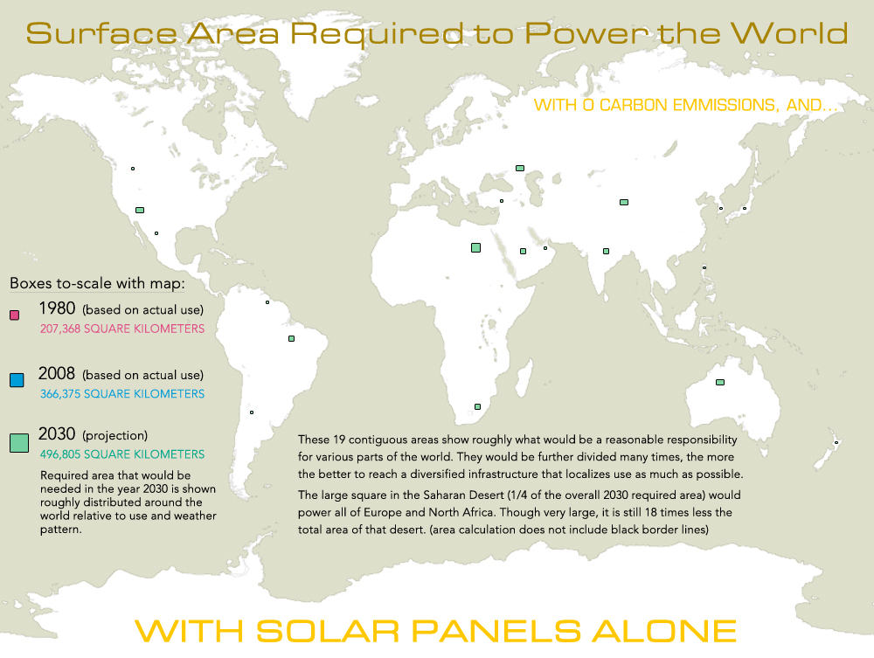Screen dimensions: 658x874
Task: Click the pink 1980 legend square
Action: (x=14, y=315)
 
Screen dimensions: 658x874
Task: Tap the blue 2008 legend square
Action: (x=16, y=380)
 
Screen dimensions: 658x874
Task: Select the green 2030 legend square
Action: (x=18, y=443)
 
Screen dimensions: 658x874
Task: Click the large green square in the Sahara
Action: (x=475, y=247)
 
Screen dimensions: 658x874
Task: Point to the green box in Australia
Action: (x=720, y=382)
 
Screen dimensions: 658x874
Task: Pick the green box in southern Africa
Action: (x=477, y=406)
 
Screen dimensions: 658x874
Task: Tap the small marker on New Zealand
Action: (x=836, y=443)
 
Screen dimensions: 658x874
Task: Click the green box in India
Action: (x=606, y=251)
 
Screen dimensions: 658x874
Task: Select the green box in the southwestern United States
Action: (x=139, y=210)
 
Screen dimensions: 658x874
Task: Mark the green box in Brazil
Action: (x=291, y=338)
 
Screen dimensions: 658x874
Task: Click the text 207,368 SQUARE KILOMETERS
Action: (x=122, y=329)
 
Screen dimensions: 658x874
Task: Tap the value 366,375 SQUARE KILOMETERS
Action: (x=122, y=394)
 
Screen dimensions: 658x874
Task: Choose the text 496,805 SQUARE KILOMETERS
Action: (x=122, y=454)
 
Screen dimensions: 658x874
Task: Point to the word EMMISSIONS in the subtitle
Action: (x=713, y=106)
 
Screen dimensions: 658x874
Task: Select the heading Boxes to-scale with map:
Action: (x=97, y=284)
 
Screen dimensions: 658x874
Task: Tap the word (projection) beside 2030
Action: (x=115, y=435)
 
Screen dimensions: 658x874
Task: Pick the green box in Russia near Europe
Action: (x=520, y=168)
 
